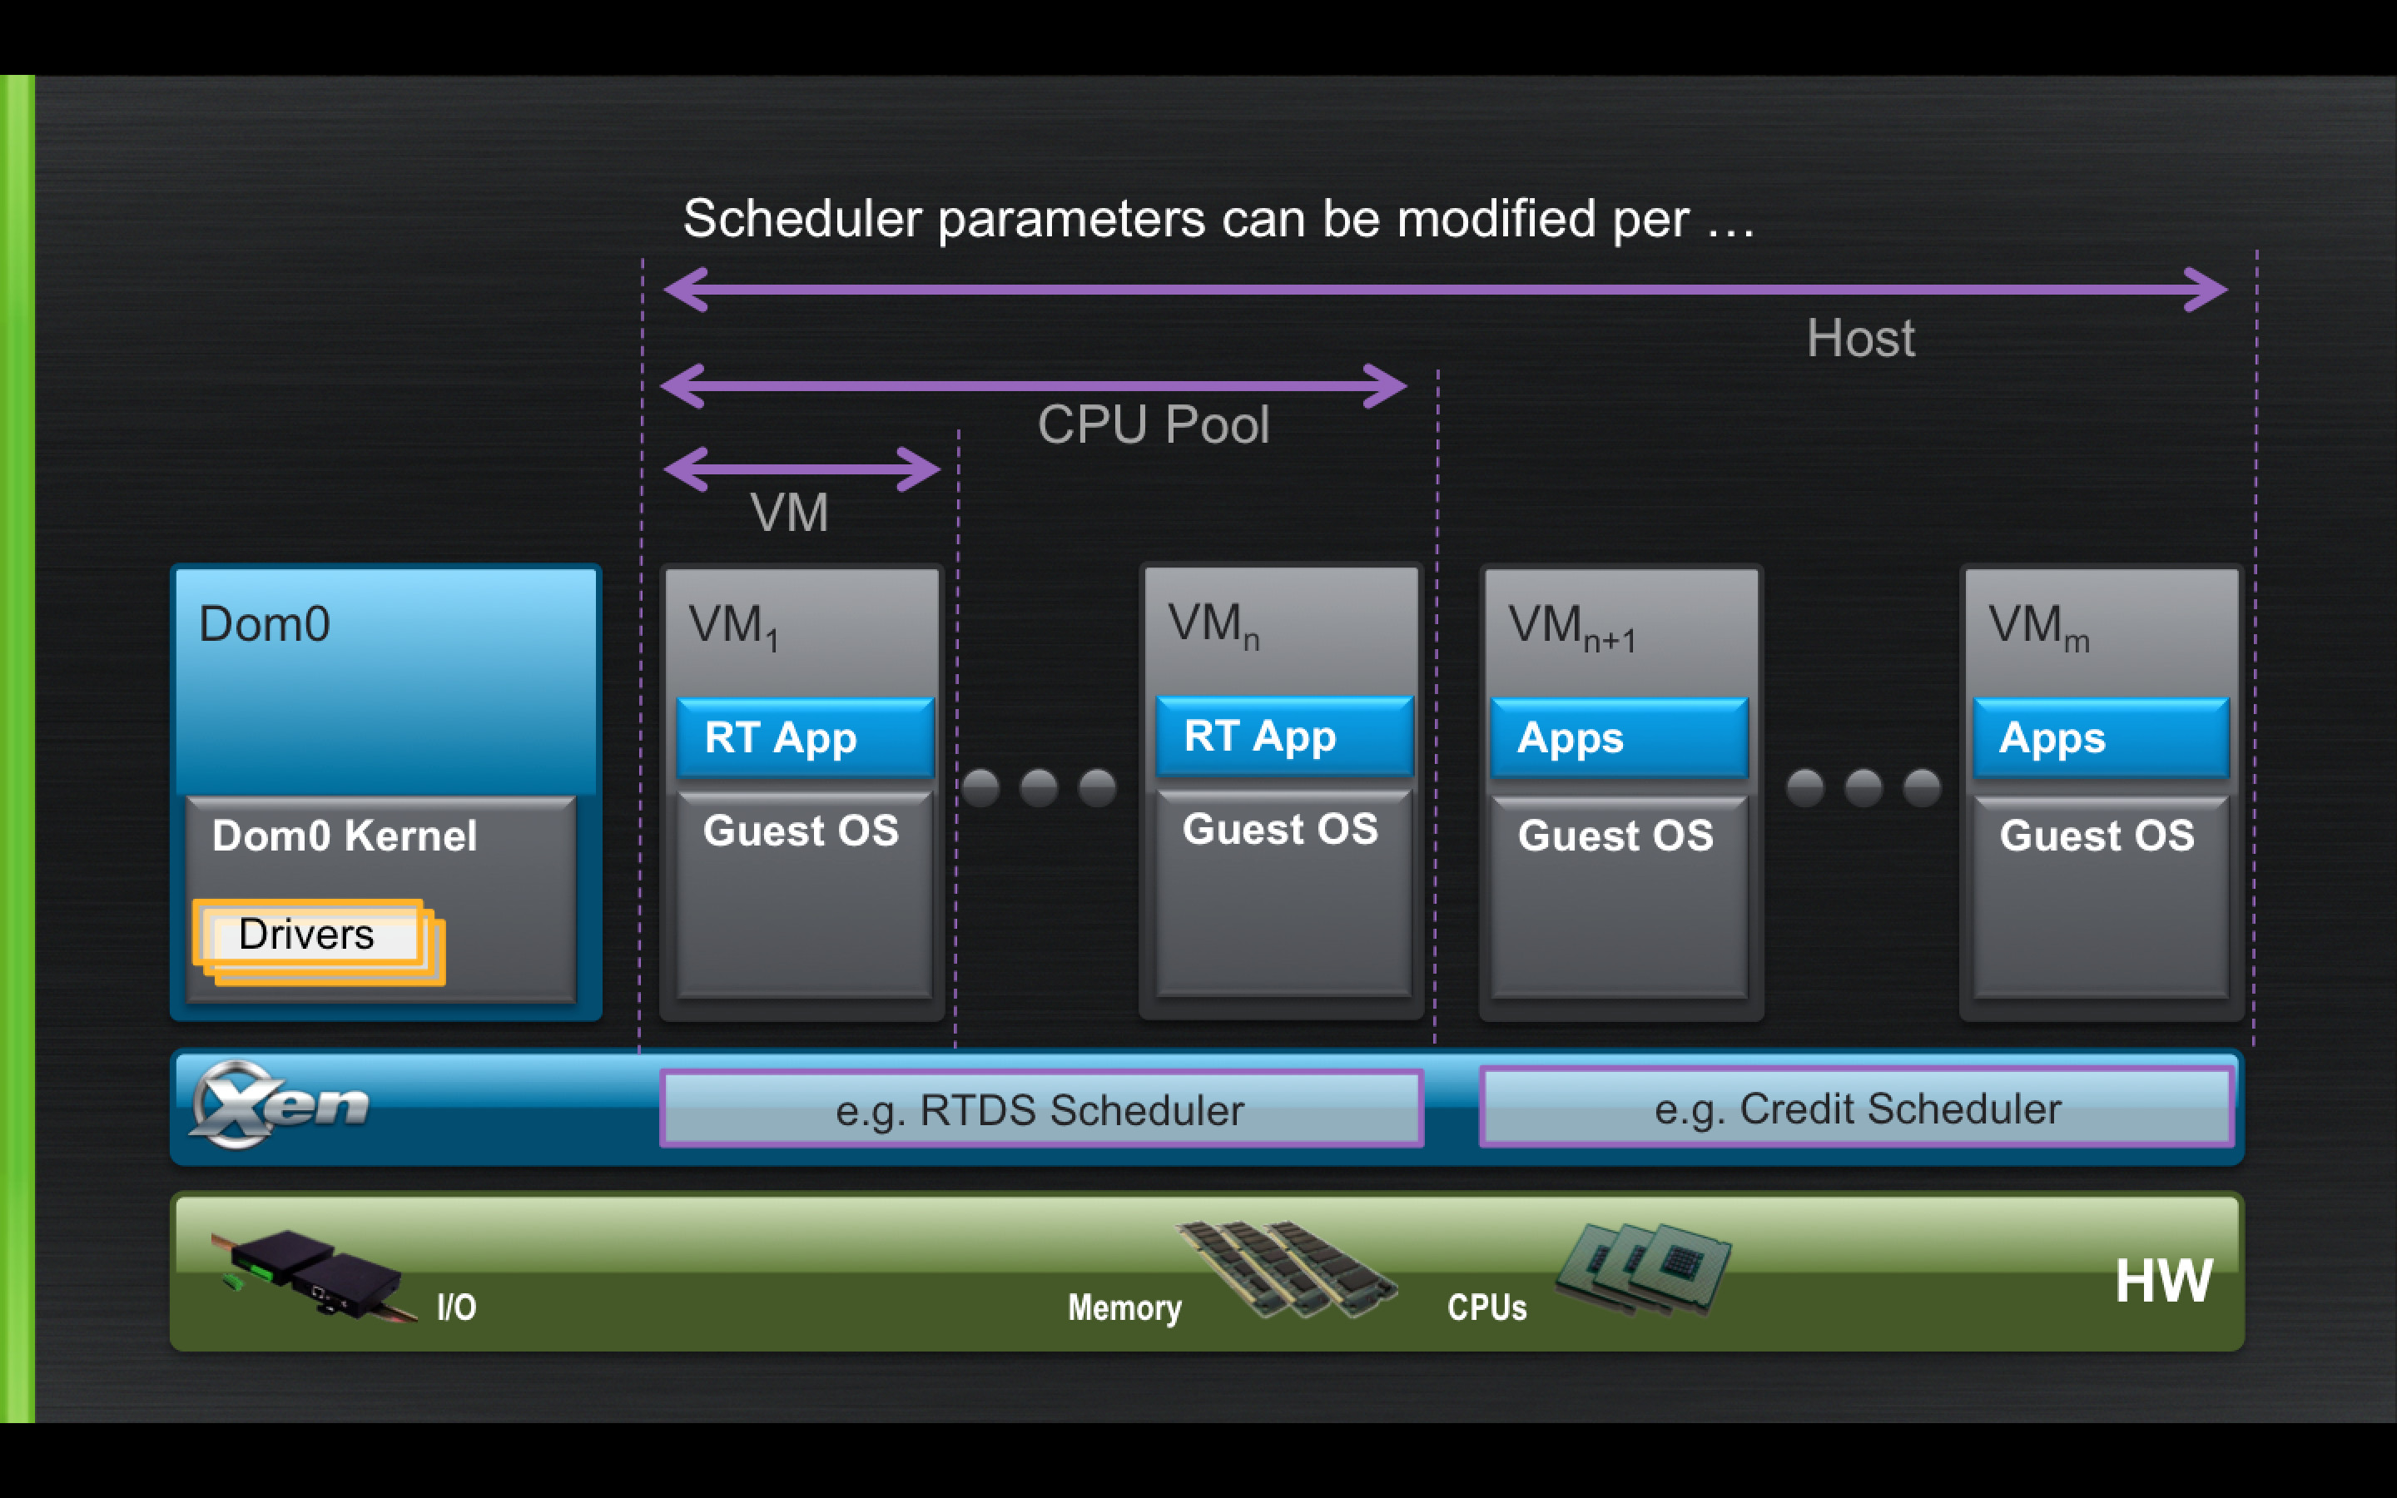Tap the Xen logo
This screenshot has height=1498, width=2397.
[x=280, y=1104]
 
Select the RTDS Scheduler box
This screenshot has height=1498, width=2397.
[x=1041, y=1109]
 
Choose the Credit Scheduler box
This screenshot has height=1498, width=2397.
[x=1857, y=1107]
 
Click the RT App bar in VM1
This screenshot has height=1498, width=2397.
[x=804, y=738]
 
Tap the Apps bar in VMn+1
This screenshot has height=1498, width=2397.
[x=1620, y=738]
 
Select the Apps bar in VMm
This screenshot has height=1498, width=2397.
[x=2101, y=738]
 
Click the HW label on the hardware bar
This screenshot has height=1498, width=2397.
[x=2163, y=1280]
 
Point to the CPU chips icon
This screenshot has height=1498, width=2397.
[x=1643, y=1269]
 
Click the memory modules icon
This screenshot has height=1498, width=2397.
[x=1287, y=1269]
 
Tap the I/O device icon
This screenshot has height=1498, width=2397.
[x=312, y=1275]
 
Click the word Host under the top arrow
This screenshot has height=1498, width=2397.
[x=1860, y=339]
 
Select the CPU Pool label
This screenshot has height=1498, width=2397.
[x=1153, y=425]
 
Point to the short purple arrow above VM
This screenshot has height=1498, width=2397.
[x=801, y=469]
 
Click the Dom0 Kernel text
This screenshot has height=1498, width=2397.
[x=345, y=836]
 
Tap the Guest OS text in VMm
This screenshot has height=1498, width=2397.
[x=2097, y=836]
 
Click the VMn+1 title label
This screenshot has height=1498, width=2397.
[x=1572, y=627]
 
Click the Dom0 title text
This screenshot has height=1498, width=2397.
[x=265, y=624]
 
